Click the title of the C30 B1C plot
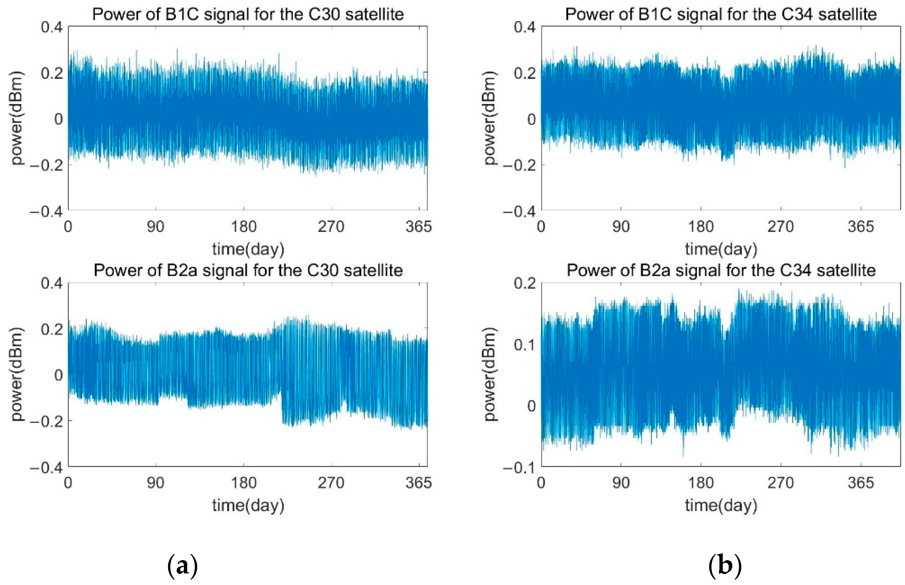[x=248, y=15]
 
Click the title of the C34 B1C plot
[x=721, y=15]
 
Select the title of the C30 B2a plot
[x=248, y=270]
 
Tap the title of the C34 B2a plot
[x=721, y=270]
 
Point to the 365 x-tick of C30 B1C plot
[x=418, y=227]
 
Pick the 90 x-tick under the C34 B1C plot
[x=621, y=227]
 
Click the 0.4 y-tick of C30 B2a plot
[x=52, y=283]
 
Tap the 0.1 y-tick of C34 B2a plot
[x=525, y=345]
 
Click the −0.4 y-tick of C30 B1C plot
[x=46, y=212]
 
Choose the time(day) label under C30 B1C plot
[x=248, y=249]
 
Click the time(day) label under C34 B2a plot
[x=721, y=505]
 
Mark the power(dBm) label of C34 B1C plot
[x=490, y=118]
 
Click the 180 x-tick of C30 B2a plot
[x=244, y=483]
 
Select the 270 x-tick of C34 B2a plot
[x=780, y=483]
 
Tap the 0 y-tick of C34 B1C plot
[x=531, y=119]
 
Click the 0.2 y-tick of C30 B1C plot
[x=52, y=73]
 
